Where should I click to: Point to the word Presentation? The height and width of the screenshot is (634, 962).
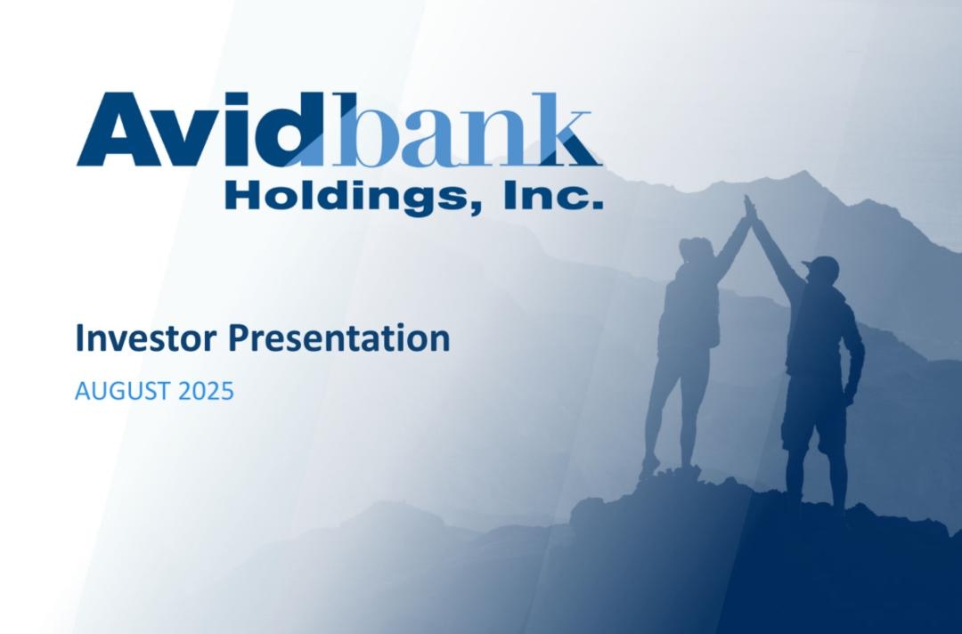(x=339, y=339)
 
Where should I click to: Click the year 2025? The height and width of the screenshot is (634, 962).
(x=206, y=391)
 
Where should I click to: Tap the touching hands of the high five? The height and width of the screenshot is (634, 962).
(x=749, y=208)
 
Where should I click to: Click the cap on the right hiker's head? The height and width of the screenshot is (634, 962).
(x=820, y=264)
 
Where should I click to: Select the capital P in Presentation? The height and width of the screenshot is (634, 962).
(x=239, y=337)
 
